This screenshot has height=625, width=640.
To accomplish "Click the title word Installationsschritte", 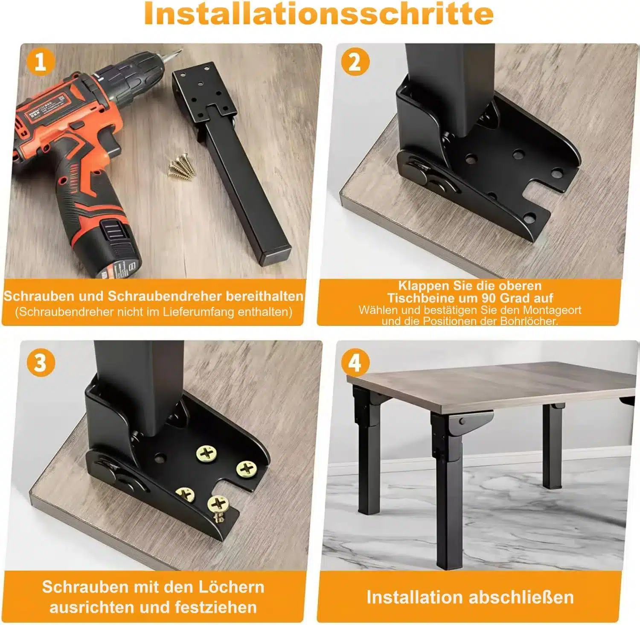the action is click(319, 14).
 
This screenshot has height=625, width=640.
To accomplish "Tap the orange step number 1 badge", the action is click(41, 62).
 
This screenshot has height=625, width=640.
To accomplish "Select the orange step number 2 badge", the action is click(355, 62).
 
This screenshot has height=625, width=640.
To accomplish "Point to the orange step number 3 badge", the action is click(41, 363).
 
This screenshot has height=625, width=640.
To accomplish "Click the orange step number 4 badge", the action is click(355, 363).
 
